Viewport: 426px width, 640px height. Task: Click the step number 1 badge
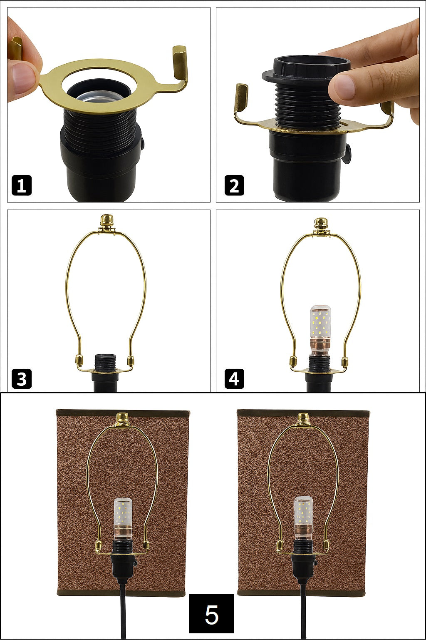pyautogui.click(x=21, y=185)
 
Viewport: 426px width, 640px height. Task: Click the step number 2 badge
pyautogui.click(x=234, y=185)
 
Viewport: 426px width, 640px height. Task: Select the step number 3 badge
pyautogui.click(x=21, y=379)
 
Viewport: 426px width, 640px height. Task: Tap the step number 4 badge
pyautogui.click(x=234, y=379)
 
